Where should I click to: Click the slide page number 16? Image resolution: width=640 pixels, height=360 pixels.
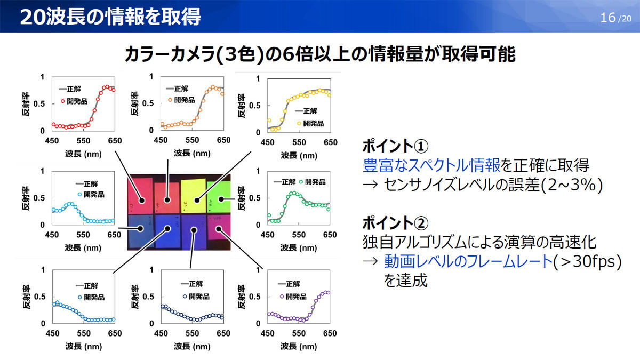point(607,18)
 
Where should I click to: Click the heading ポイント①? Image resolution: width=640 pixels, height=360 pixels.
point(395,146)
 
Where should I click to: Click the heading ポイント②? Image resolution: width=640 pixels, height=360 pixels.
point(395,222)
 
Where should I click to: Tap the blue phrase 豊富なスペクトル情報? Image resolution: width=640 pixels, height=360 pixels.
point(431,165)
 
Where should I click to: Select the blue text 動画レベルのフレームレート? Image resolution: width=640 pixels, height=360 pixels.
point(468,261)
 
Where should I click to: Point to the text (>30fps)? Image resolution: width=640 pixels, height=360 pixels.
point(587,261)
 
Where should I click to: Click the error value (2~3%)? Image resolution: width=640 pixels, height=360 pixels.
point(571,185)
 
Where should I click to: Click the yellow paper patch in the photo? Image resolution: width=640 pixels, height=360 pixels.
point(194,196)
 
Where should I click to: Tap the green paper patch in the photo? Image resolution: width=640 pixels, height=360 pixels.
point(219,197)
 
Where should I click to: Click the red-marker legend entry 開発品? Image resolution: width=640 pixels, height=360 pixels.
point(74,101)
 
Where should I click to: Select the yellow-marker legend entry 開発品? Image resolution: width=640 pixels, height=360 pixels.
point(310,123)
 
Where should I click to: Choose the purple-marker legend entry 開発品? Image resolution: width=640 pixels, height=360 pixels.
point(293,297)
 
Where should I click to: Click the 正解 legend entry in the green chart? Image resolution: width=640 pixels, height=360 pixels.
point(285,182)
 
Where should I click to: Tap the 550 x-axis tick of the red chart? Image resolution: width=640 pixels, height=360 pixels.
point(83,141)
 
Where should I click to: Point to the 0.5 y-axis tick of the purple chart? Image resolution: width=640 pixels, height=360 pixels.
point(254,297)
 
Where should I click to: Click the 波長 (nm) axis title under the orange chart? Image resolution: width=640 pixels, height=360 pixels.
point(192,153)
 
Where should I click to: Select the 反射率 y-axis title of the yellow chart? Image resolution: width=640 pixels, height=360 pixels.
point(242,106)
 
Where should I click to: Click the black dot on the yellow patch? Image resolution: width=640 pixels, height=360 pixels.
point(197,201)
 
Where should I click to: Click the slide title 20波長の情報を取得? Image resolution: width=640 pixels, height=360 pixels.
point(110,17)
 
